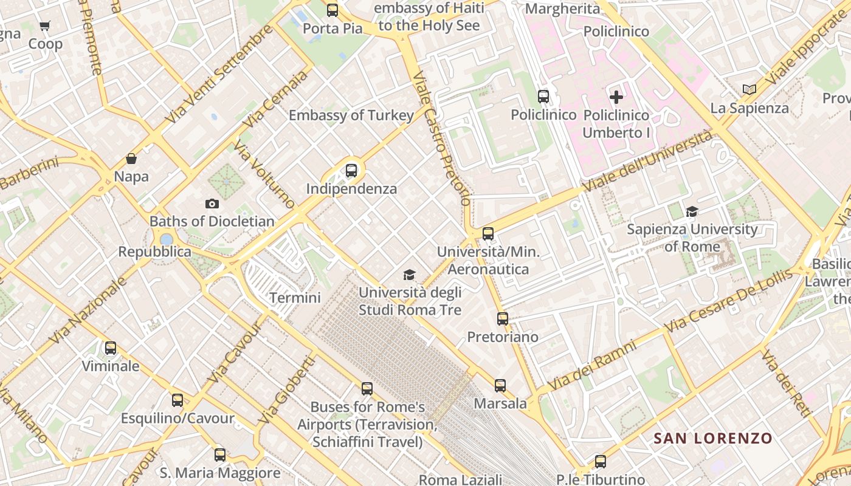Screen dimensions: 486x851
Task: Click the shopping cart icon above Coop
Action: point(44,26)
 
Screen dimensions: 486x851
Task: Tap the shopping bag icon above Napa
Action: point(131,159)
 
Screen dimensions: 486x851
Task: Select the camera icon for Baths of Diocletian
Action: point(212,204)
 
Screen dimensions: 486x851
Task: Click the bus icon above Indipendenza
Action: point(351,171)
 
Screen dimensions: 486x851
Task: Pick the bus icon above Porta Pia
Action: point(332,10)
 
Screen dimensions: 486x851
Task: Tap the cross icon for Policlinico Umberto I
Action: point(616,97)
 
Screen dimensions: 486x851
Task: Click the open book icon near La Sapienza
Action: point(749,90)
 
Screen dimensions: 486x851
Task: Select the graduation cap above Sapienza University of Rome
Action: point(692,211)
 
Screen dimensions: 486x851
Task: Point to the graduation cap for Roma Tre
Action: point(409,275)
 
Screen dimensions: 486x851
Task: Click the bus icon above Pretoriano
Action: point(502,319)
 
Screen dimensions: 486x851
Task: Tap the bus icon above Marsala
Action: point(500,386)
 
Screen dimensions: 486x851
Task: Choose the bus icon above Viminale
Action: point(110,348)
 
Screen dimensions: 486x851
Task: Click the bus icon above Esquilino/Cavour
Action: point(177,400)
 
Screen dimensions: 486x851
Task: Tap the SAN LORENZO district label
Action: point(712,438)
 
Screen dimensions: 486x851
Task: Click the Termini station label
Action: point(295,298)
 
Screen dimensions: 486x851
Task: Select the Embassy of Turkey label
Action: point(351,115)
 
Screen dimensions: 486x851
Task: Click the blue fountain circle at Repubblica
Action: point(166,239)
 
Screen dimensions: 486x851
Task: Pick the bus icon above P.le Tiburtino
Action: point(600,462)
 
